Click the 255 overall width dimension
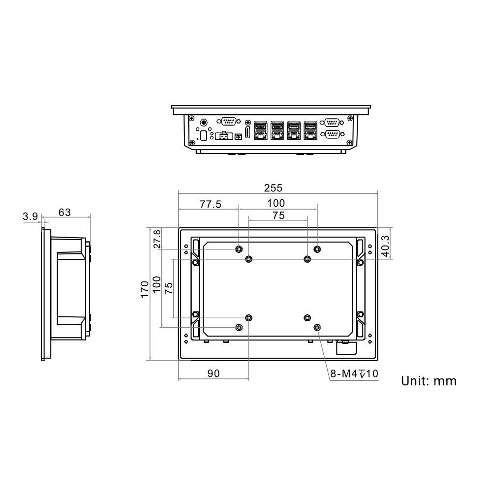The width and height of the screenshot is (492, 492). click(x=273, y=188)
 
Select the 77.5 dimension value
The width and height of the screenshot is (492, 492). click(x=210, y=204)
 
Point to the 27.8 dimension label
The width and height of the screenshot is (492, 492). click(x=157, y=239)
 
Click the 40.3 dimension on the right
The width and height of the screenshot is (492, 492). click(x=386, y=246)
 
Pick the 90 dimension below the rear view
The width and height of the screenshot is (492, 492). click(x=213, y=374)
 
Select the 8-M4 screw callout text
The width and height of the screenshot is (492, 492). click(x=353, y=374)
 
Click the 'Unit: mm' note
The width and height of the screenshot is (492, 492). click(x=429, y=381)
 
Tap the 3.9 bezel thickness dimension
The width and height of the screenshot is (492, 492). click(x=30, y=216)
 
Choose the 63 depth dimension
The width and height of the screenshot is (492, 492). click(x=64, y=213)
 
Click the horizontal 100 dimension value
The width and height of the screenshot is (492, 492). click(x=276, y=203)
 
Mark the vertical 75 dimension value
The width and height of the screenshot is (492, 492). click(x=168, y=288)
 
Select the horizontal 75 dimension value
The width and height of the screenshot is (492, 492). click(x=278, y=215)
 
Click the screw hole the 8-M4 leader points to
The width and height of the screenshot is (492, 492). click(x=317, y=327)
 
